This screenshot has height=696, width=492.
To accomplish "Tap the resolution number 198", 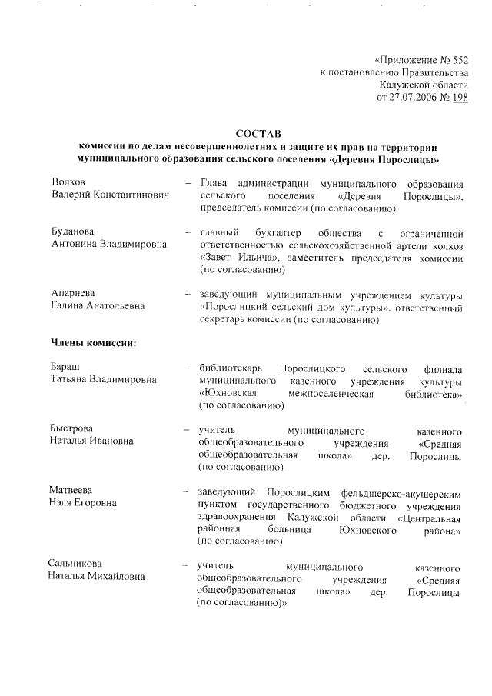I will [460, 98].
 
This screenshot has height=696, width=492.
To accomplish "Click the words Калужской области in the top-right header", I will [424, 85].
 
